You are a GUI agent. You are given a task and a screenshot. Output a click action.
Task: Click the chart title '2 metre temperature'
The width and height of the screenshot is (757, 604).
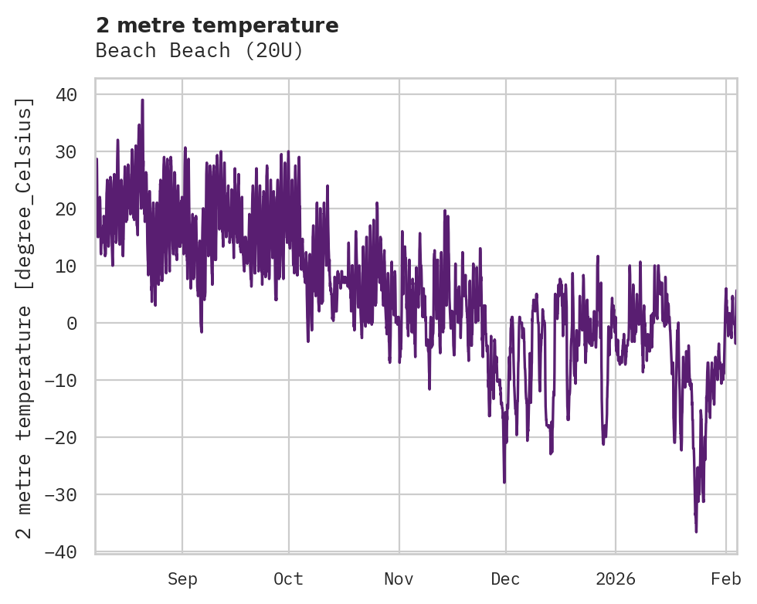tap(217, 25)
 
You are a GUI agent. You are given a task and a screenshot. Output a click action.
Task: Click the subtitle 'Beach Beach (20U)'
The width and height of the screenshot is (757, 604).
tap(199, 51)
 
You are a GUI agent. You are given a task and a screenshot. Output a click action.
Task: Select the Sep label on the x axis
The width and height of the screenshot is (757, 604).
tap(182, 579)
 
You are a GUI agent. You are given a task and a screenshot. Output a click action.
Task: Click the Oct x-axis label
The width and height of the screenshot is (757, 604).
tap(288, 579)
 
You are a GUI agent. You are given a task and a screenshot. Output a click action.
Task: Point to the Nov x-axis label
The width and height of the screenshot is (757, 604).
tap(399, 579)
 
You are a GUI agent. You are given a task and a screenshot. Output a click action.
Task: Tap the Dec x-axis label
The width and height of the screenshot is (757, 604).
tap(505, 579)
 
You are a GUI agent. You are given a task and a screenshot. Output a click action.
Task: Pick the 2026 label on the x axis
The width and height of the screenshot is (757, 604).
tap(616, 579)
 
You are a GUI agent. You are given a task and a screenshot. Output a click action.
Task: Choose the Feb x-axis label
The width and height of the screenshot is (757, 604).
tap(726, 579)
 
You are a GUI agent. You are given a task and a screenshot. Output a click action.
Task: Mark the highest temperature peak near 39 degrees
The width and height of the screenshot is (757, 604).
tap(142, 100)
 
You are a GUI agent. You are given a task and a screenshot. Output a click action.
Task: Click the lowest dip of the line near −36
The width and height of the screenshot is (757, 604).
tap(696, 531)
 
